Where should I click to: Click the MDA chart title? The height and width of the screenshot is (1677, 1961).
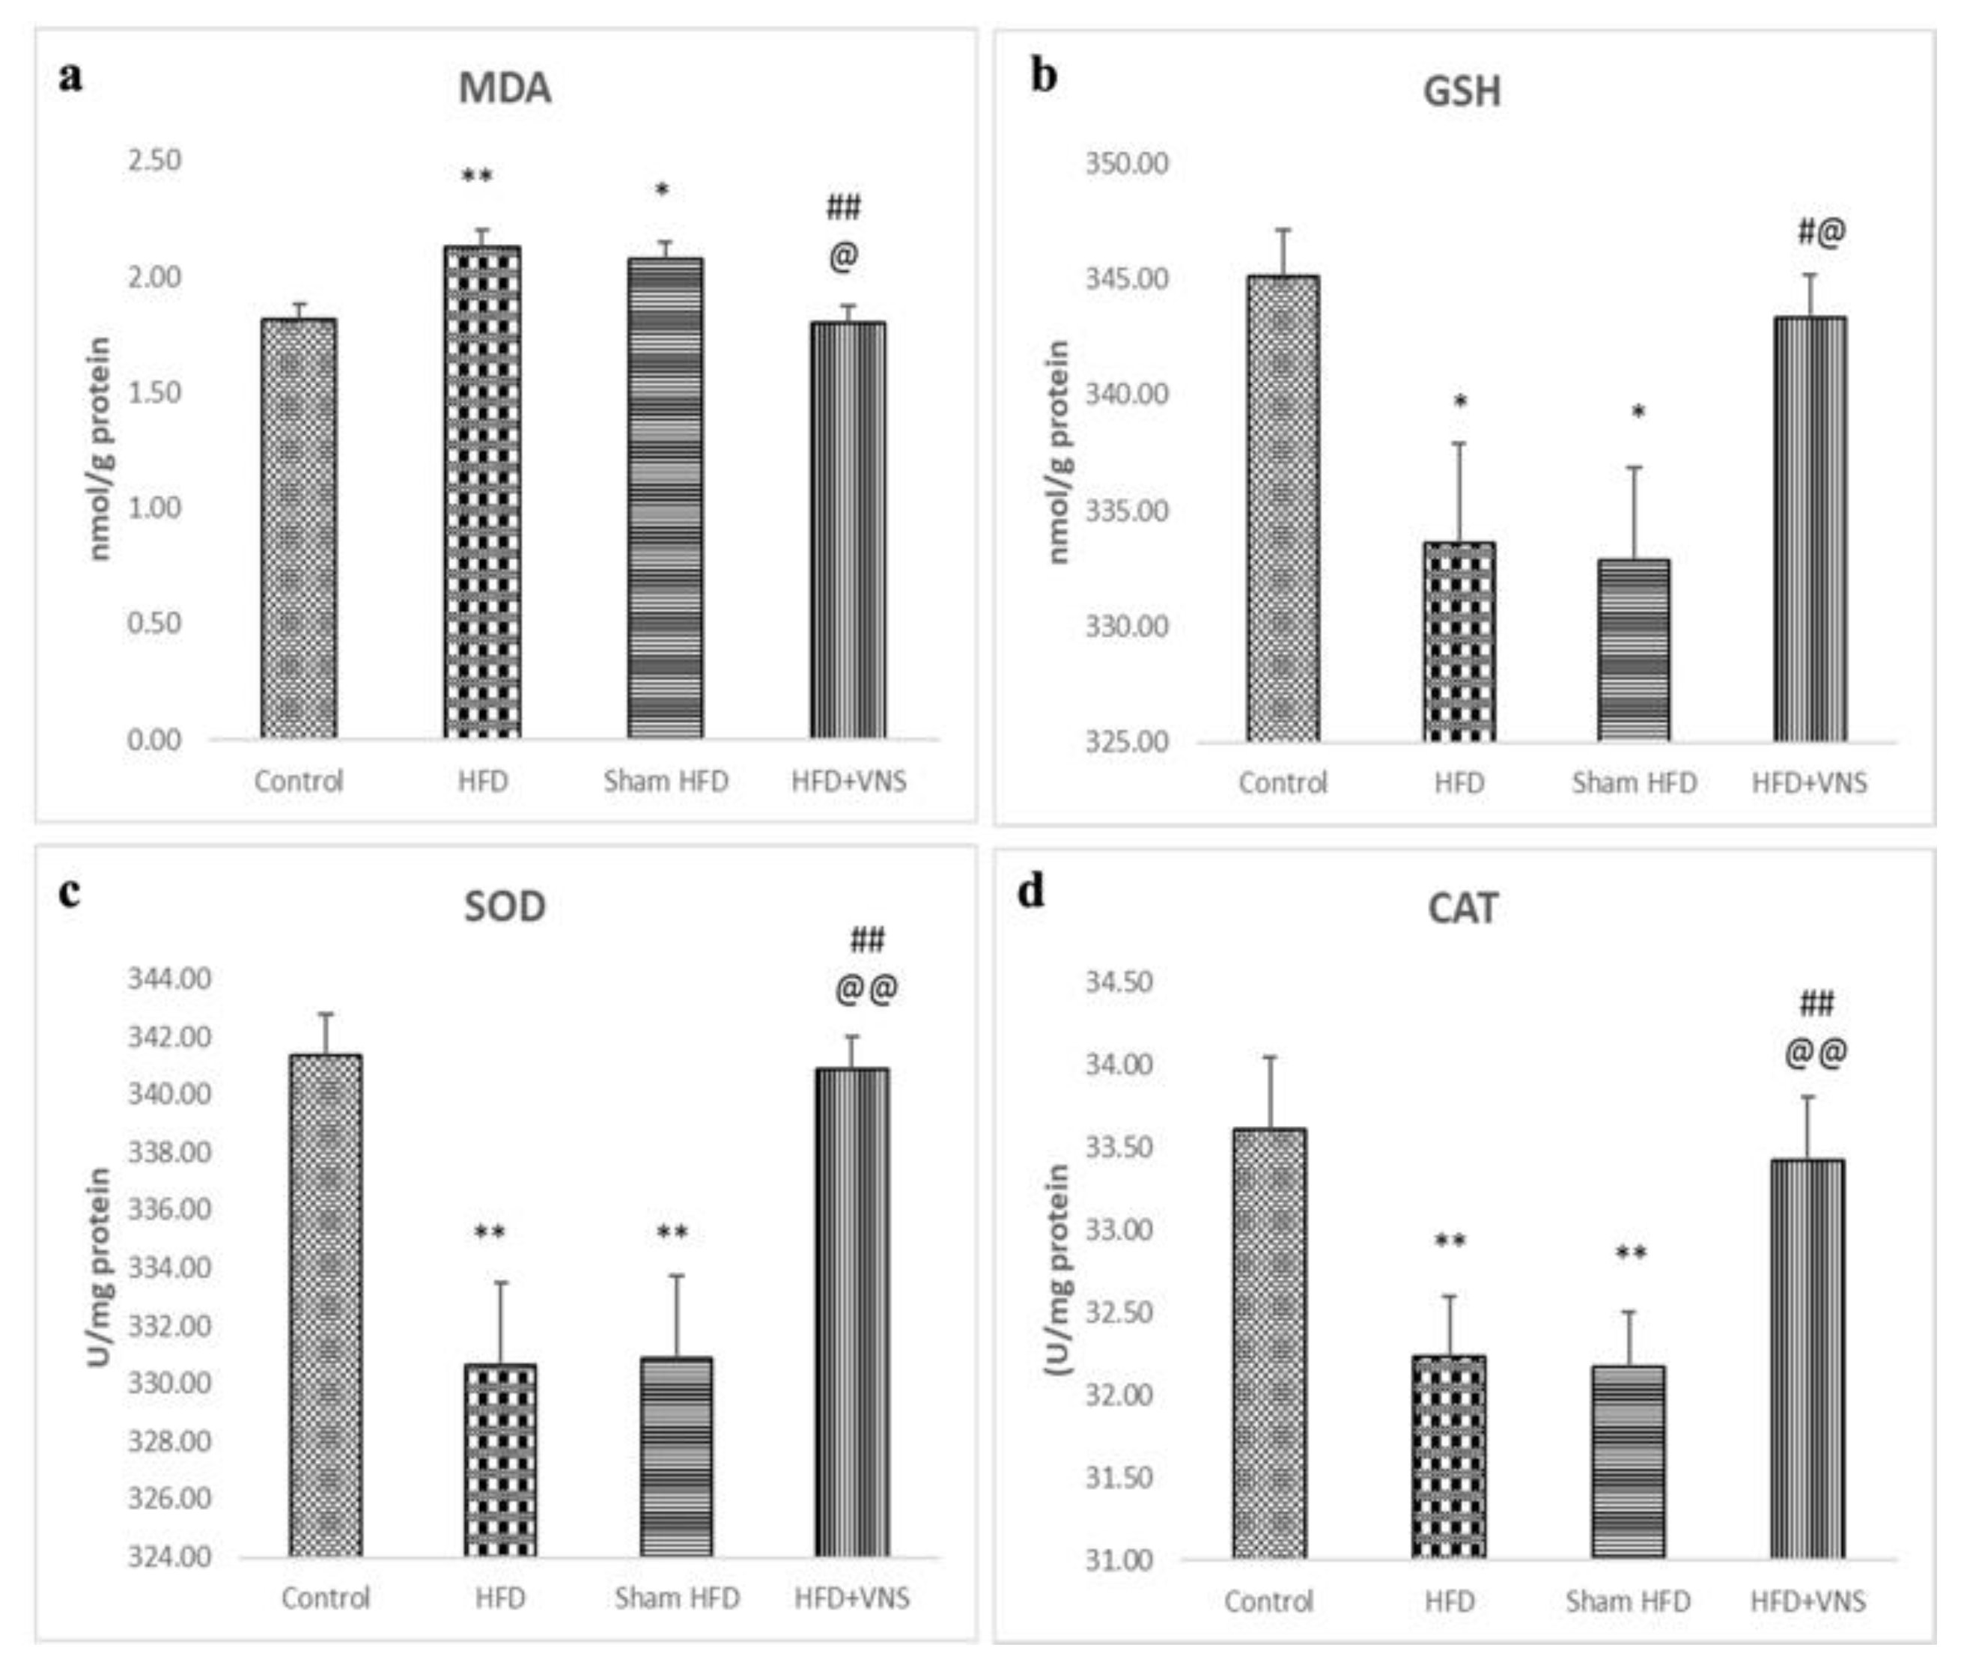click(505, 89)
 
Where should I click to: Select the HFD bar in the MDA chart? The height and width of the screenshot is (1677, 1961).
click(481, 492)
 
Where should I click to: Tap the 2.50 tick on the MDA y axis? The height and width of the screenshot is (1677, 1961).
click(154, 160)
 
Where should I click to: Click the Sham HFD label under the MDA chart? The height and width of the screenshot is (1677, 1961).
click(666, 782)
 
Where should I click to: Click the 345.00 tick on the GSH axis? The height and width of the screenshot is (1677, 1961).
click(1126, 279)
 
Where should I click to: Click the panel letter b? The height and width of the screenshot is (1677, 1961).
click(1043, 76)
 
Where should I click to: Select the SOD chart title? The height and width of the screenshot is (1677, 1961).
click(505, 907)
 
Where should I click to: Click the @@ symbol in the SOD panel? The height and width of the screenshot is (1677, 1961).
click(866, 989)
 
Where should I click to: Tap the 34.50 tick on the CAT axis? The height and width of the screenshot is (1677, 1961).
click(1119, 982)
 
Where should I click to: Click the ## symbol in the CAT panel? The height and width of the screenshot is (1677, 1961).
click(1815, 1003)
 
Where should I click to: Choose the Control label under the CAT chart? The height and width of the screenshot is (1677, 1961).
click(1268, 1601)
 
